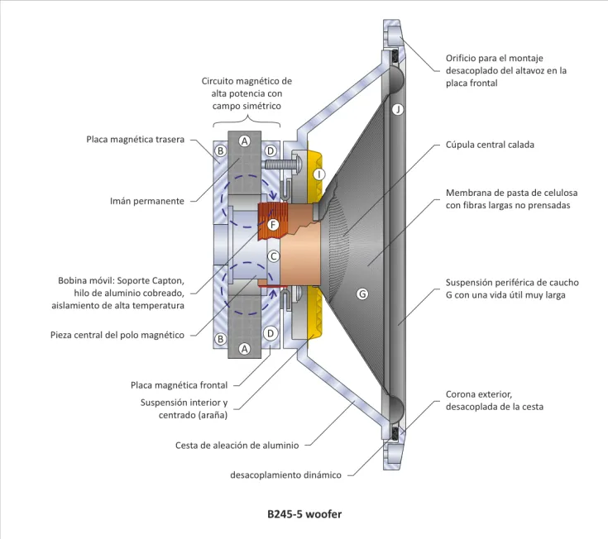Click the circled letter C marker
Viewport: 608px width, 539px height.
click(x=271, y=257)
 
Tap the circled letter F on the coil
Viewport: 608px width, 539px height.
click(x=272, y=223)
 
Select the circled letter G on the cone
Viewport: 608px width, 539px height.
click(x=361, y=293)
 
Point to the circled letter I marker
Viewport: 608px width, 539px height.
click(x=318, y=174)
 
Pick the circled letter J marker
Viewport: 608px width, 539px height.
click(x=398, y=109)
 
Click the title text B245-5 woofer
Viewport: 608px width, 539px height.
click(x=304, y=513)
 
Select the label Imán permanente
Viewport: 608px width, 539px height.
click(x=146, y=201)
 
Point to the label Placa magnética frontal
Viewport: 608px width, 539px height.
click(x=179, y=384)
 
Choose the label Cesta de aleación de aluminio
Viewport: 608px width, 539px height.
click(x=237, y=446)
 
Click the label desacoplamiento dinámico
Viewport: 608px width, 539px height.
click(x=285, y=475)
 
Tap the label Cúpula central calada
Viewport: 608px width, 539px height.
click(x=490, y=144)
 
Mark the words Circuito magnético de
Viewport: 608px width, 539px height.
click(x=247, y=81)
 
